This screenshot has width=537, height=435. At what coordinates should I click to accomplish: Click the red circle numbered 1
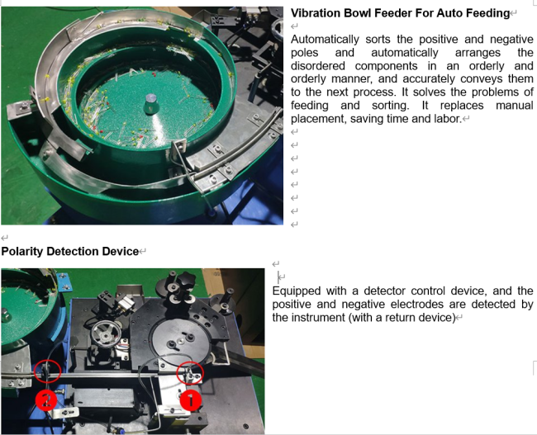point(190,400)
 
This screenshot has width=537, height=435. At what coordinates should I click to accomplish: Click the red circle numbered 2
point(46,400)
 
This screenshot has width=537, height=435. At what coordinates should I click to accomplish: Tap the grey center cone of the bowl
point(150,104)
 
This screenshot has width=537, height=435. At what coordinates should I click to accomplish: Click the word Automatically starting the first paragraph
point(325,40)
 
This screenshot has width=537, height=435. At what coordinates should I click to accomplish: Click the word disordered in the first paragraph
point(318,66)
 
